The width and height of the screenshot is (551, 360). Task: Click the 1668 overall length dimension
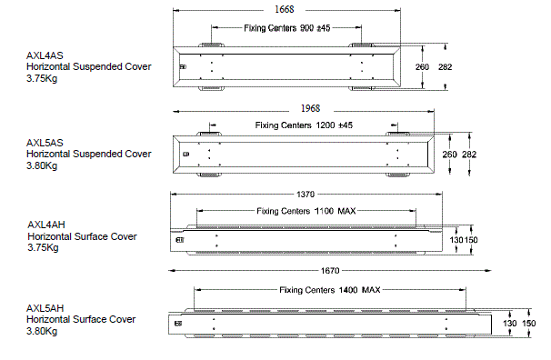point(284,9)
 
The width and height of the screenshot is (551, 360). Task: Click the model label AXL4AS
point(44,55)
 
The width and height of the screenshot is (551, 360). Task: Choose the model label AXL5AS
point(44,143)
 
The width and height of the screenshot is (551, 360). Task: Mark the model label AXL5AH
point(44,308)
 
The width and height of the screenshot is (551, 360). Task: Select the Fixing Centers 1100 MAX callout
point(299,211)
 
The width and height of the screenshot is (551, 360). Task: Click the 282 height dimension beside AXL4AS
point(444,67)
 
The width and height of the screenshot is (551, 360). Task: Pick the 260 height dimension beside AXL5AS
point(449,155)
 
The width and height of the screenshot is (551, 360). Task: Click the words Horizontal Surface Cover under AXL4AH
point(82,236)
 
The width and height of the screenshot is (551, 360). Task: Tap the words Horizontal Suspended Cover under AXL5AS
point(88,155)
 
